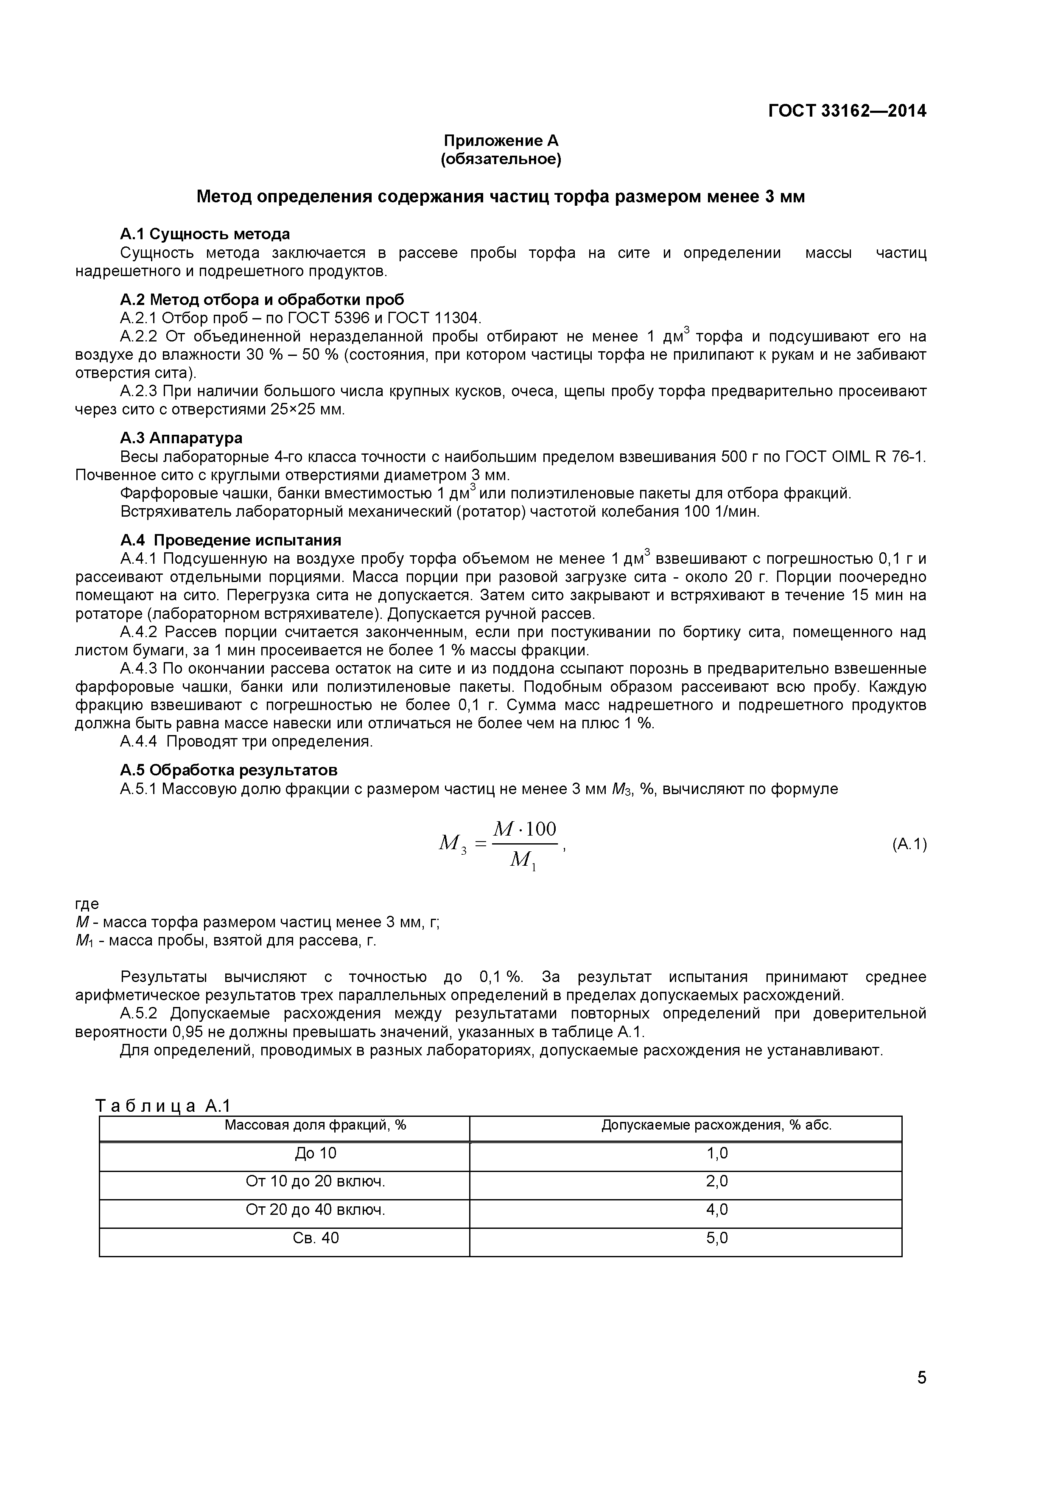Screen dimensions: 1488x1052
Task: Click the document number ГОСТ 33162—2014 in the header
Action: point(847,111)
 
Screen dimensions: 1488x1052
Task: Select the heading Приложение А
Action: point(501,141)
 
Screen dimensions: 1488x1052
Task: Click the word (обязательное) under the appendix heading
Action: point(501,159)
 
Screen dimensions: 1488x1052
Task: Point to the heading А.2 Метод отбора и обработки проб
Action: point(262,299)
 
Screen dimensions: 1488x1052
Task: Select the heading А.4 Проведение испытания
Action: point(231,540)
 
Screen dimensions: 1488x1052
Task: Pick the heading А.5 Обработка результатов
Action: point(229,770)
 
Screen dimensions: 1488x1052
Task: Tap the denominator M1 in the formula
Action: point(523,860)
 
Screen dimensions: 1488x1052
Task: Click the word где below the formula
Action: point(87,903)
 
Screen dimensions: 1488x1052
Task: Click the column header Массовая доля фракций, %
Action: point(315,1125)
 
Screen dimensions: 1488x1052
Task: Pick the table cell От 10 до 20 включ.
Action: point(315,1181)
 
